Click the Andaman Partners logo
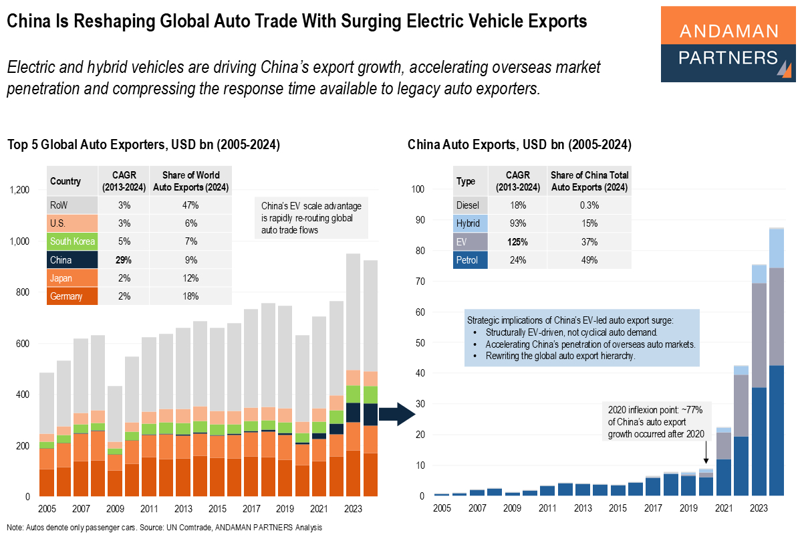728,44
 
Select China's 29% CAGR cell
124,260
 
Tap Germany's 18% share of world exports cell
191,296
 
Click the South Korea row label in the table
72,241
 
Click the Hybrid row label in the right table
469,223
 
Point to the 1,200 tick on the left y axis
19,191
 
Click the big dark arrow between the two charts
403,415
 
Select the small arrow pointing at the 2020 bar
706,455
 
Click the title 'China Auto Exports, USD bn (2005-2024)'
519,144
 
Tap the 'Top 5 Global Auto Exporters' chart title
143,144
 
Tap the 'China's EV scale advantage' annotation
311,218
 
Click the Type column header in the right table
465,181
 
